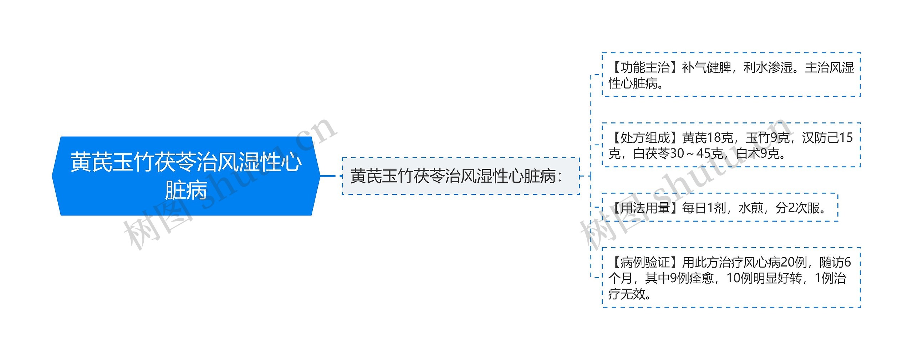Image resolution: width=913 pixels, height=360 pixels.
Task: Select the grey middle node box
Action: (460, 176)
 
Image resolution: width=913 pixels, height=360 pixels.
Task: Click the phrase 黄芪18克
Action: (708, 137)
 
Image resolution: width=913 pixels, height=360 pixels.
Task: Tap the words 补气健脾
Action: (707, 67)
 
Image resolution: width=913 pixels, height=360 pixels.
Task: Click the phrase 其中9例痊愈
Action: (679, 278)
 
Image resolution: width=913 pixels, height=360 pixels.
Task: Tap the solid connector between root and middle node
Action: (328, 176)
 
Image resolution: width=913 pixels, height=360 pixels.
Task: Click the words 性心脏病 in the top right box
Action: (633, 83)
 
